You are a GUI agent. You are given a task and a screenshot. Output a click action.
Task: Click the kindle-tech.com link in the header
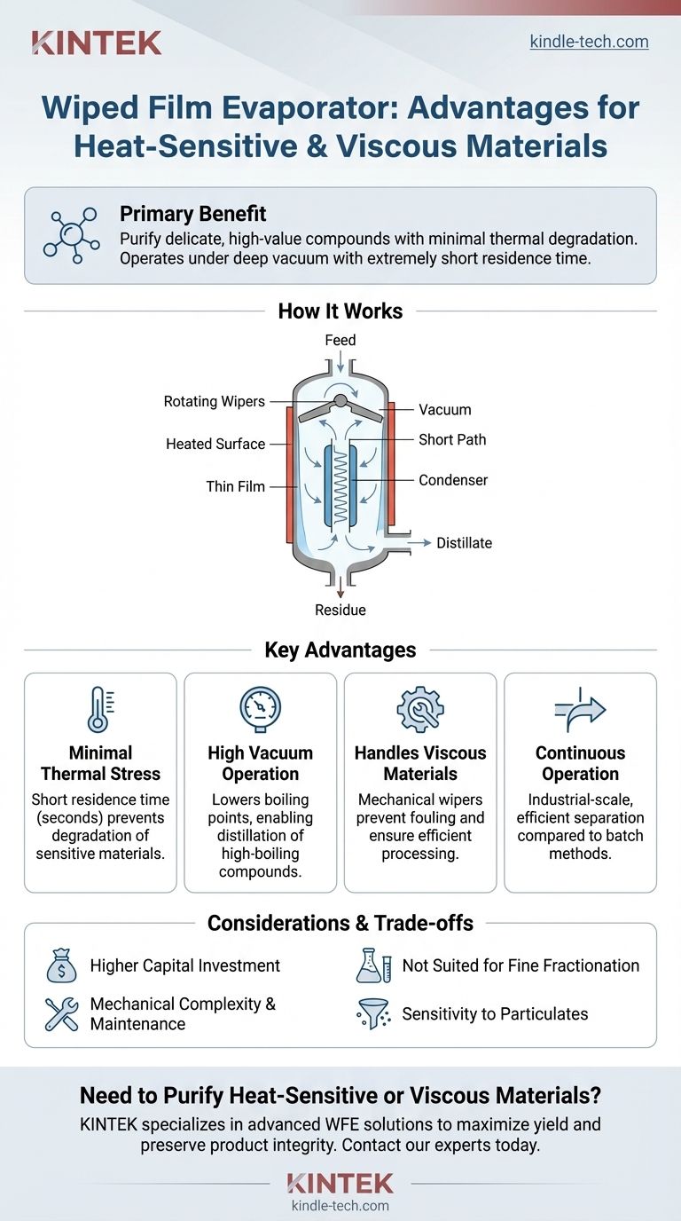tap(589, 42)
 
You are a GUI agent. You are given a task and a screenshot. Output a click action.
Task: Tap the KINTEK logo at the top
tap(96, 43)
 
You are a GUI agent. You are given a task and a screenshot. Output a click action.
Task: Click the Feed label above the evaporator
tap(340, 340)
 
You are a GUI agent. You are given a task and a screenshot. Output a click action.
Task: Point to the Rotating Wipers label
tap(215, 401)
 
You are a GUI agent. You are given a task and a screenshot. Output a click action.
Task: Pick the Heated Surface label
tap(215, 444)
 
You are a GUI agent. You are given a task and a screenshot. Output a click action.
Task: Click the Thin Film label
tap(236, 486)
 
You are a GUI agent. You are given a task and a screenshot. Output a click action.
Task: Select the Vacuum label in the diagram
tap(445, 410)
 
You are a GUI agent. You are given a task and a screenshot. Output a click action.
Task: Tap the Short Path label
tap(452, 439)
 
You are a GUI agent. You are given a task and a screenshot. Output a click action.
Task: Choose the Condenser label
tap(453, 480)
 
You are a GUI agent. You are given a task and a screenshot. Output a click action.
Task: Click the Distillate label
tap(464, 542)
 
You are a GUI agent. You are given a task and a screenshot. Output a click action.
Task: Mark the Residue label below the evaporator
tap(340, 610)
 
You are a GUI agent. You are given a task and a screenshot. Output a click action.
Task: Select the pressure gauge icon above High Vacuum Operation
tap(260, 708)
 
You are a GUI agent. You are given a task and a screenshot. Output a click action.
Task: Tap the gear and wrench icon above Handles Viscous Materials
tap(420, 708)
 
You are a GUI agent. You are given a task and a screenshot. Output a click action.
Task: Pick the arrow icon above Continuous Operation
tap(580, 708)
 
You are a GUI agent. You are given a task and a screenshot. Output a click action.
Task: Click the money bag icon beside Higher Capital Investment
tap(62, 966)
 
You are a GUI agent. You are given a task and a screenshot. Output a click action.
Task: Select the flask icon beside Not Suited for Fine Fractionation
tap(374, 966)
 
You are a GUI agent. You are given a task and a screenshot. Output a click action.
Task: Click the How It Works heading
tap(340, 311)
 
